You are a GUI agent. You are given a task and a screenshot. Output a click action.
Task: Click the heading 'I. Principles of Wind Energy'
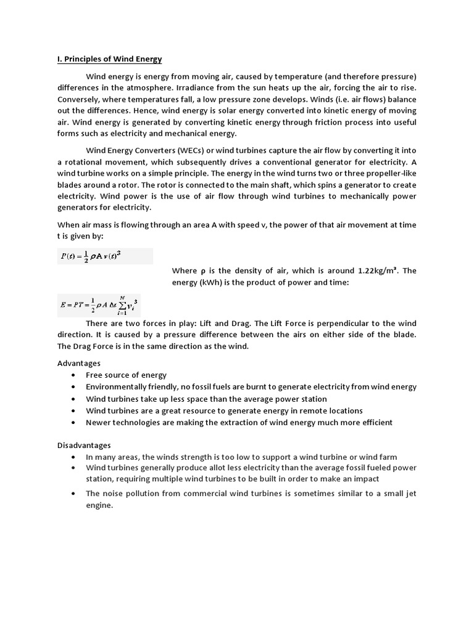click(x=109, y=59)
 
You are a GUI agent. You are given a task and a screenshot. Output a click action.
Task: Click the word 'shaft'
click(x=298, y=185)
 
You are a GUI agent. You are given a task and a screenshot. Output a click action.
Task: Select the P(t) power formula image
click(x=105, y=256)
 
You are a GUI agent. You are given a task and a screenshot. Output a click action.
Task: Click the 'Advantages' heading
click(x=79, y=364)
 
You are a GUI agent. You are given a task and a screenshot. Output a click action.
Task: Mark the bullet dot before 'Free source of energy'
click(x=74, y=375)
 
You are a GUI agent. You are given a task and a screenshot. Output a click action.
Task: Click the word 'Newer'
click(x=99, y=422)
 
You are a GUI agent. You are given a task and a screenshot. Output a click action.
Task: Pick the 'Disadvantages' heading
click(x=84, y=445)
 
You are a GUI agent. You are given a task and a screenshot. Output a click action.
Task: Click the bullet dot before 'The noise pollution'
click(x=74, y=494)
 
